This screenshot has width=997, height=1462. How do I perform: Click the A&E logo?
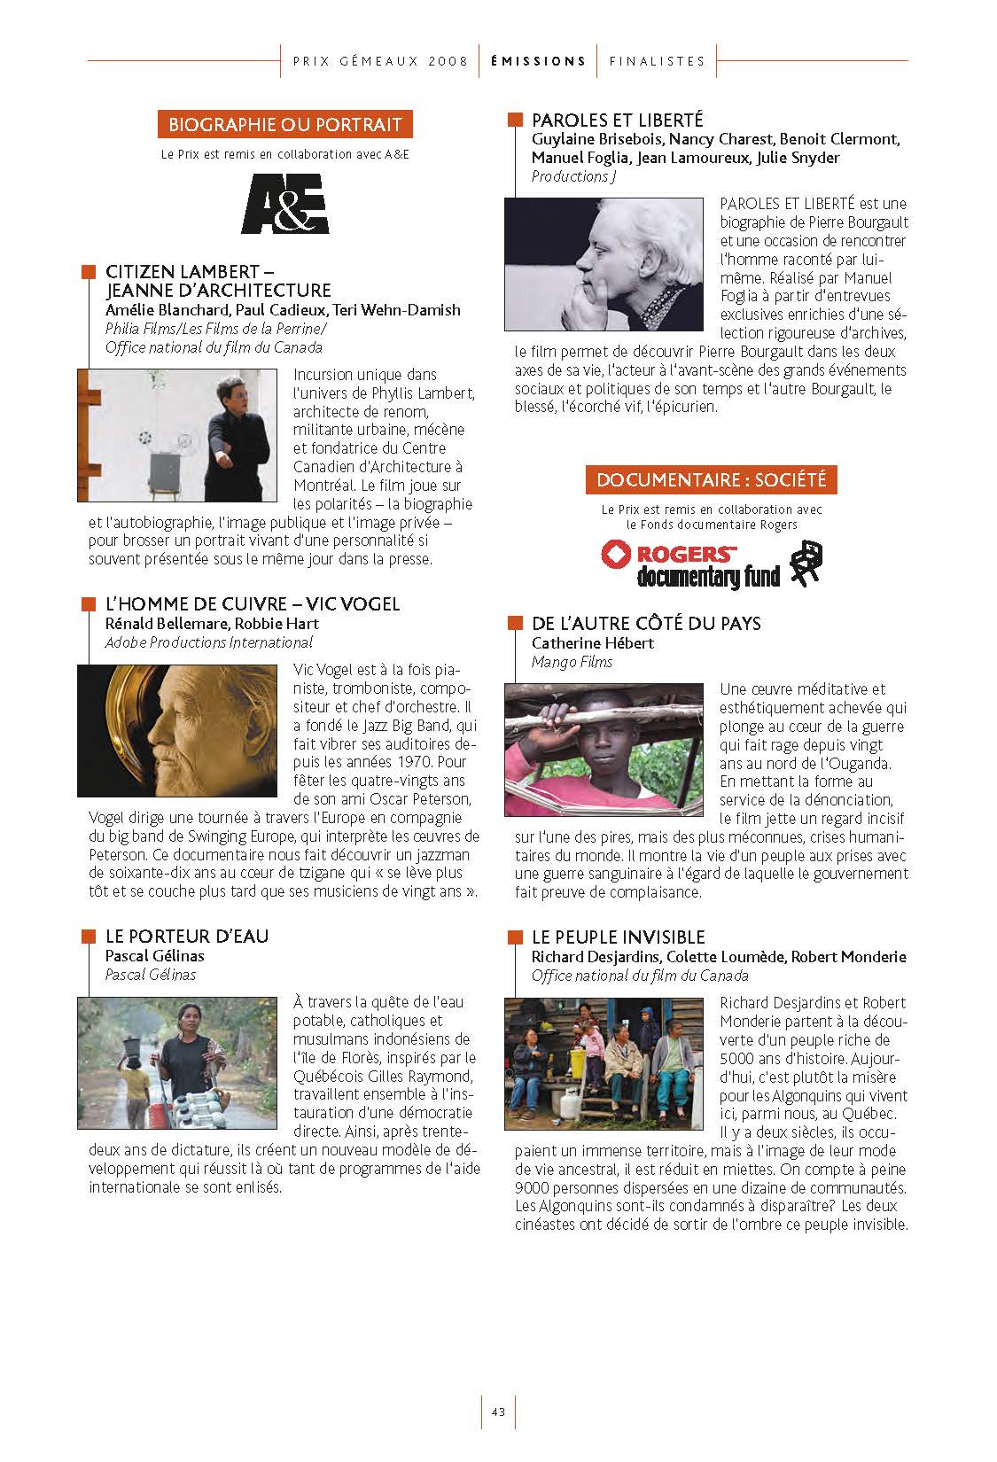(284, 204)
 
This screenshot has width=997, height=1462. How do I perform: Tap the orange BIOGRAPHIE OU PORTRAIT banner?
(284, 124)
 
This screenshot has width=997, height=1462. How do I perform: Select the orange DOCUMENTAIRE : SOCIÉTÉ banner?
(711, 480)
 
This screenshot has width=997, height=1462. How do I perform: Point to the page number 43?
(498, 1412)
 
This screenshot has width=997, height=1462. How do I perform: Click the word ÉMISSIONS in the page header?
(538, 61)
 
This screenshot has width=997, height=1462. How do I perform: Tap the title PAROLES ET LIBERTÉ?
(617, 120)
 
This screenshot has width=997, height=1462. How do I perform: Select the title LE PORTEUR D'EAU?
(187, 937)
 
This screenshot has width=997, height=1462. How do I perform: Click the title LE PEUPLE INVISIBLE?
(618, 937)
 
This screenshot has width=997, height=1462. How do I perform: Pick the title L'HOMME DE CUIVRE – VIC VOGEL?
(253, 604)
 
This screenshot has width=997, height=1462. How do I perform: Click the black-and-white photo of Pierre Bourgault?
(605, 264)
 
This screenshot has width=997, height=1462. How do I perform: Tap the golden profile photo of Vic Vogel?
(177, 730)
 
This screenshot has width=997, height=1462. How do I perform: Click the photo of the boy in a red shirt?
(605, 750)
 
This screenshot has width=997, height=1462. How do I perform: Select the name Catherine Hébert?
(592, 643)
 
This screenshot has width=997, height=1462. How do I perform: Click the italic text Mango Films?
(572, 662)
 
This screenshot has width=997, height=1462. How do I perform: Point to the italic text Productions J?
(573, 176)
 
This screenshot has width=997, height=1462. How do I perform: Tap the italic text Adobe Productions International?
(208, 642)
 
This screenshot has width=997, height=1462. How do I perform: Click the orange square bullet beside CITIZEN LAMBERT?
(88, 271)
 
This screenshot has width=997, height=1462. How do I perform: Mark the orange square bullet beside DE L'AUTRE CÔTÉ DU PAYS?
(514, 623)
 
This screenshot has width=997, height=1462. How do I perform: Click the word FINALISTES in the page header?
(657, 61)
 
